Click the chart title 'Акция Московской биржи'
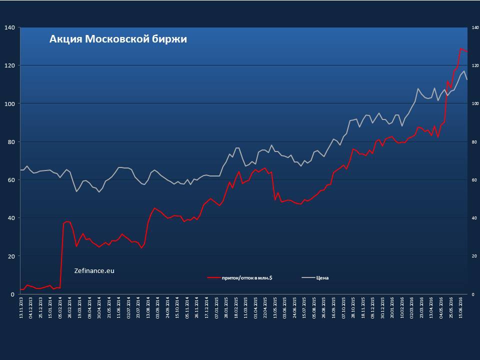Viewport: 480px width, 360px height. pos(118,39)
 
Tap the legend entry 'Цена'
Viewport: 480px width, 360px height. pos(322,277)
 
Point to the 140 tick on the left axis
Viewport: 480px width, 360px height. pos(9,27)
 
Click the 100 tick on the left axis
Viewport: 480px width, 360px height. pos(9,103)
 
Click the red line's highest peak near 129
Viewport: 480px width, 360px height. pos(460,48)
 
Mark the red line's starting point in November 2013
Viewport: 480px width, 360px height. pos(21,289)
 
